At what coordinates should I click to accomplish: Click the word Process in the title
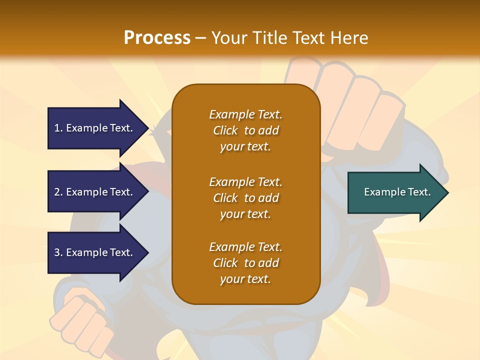157,38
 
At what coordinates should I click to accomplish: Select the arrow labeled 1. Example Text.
95,128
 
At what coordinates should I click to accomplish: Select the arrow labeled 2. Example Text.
95,192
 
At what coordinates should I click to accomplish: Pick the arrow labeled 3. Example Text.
95,252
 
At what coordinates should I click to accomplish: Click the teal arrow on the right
395,192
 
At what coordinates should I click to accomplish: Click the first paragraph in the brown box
245,130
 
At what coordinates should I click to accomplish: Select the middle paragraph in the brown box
245,198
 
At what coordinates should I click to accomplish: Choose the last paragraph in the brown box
245,263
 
